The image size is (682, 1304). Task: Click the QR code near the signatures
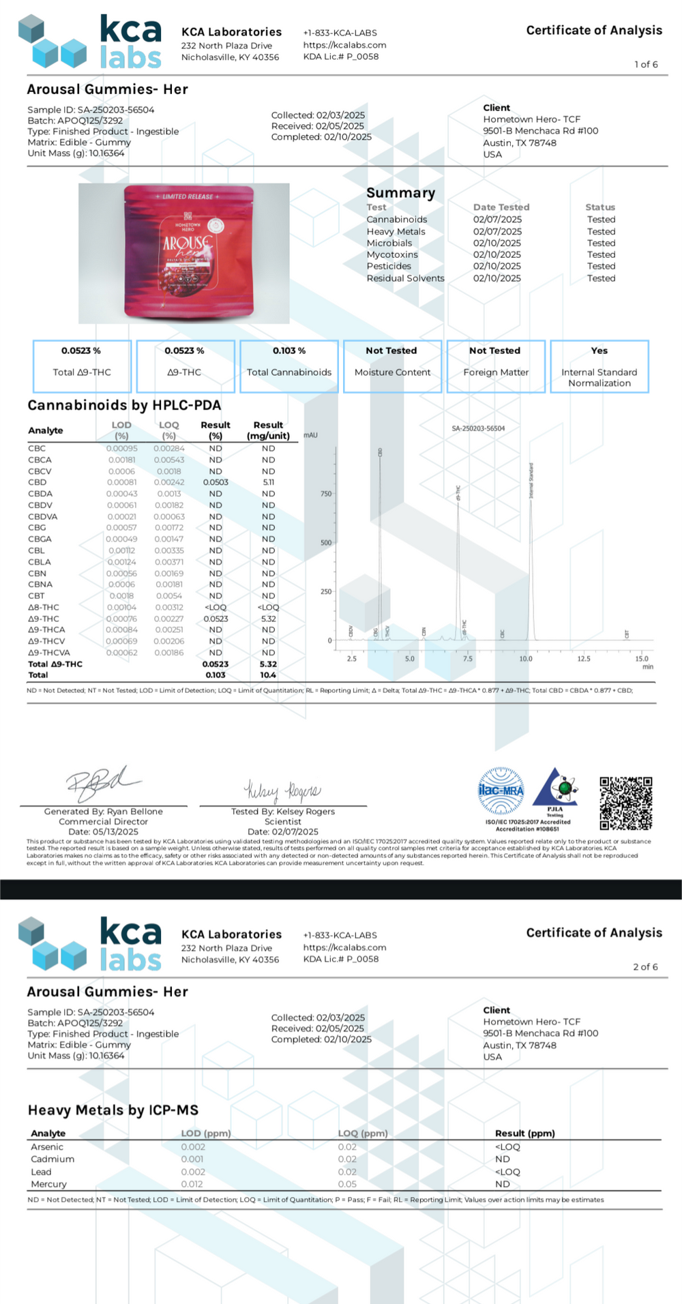tap(625, 803)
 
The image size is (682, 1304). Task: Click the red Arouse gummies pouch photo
tap(188, 252)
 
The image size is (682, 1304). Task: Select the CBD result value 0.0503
tap(216, 482)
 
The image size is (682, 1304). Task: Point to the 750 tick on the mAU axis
tap(326, 494)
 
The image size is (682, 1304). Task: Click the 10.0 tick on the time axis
tap(526, 659)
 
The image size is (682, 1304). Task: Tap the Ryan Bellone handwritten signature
tap(102, 784)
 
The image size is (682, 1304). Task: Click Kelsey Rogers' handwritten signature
tap(282, 791)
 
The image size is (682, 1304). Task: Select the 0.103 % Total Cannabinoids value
tap(289, 351)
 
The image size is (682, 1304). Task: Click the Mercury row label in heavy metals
tap(48, 1184)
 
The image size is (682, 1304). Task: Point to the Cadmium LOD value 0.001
tap(192, 1159)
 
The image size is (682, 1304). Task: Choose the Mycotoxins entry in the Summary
tap(392, 254)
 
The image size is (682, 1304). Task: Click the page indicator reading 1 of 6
tap(646, 65)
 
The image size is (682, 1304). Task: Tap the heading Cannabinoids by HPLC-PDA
tap(124, 405)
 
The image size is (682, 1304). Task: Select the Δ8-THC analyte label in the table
tap(44, 607)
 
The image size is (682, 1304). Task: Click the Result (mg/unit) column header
tap(268, 430)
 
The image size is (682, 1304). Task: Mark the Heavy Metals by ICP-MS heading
tap(113, 1110)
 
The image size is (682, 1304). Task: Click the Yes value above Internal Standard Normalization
tap(599, 351)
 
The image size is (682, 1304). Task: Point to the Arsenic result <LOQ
tap(507, 1146)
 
